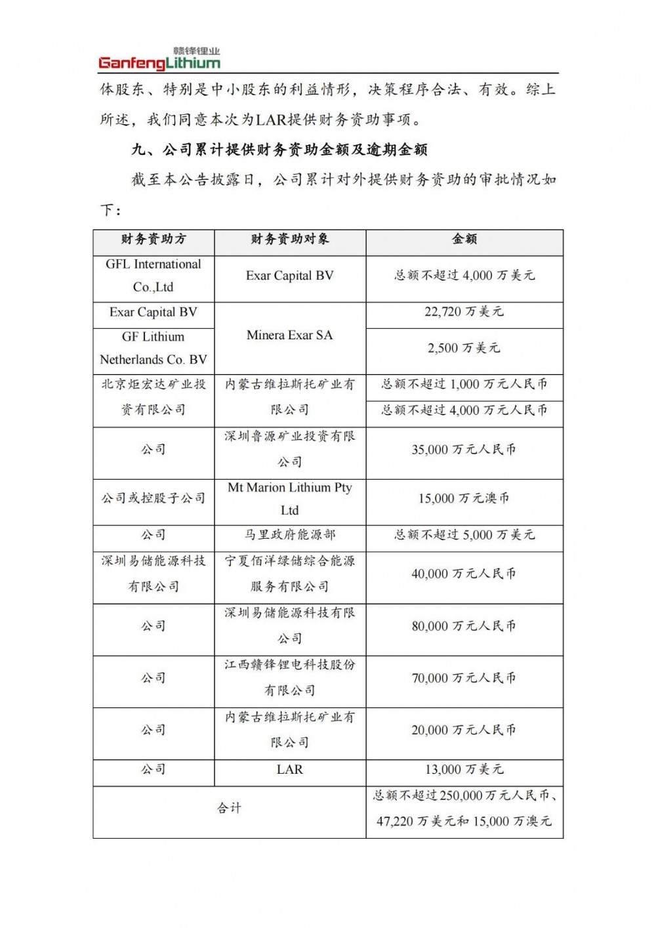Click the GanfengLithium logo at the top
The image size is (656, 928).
tap(159, 59)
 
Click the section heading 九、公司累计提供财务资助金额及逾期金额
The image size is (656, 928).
tap(279, 150)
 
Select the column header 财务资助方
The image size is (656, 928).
tap(154, 240)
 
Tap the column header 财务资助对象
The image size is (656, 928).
tap(290, 240)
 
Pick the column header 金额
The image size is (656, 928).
tap(464, 240)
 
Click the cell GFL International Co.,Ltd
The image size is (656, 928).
tap(154, 276)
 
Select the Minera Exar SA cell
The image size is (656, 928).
tap(290, 335)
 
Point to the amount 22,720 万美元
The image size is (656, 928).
tap(464, 312)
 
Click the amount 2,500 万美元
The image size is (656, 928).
tap(464, 348)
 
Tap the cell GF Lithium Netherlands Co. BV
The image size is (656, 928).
tap(154, 348)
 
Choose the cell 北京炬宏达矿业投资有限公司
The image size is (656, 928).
tap(154, 397)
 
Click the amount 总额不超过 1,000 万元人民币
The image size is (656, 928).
tap(464, 385)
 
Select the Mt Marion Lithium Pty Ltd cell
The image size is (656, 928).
tap(290, 499)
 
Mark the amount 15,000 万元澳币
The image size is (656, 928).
tap(464, 499)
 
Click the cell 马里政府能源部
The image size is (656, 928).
tap(290, 535)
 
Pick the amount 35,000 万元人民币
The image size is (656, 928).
tap(464, 450)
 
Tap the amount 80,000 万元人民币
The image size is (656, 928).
tap(464, 626)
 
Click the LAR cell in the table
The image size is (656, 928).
tap(290, 769)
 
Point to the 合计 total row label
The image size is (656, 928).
tap(230, 809)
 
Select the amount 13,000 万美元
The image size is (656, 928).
tap(464, 769)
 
